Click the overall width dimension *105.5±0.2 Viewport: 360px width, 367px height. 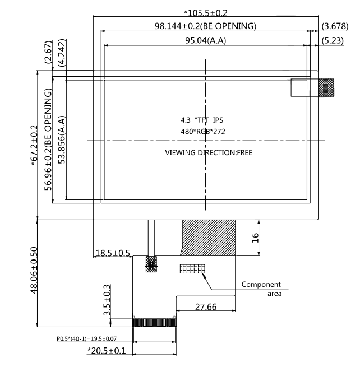point(206,13)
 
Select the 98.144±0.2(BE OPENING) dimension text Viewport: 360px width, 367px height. point(205,26)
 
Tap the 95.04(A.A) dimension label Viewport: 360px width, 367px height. point(206,40)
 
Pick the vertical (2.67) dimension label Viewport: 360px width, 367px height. point(49,54)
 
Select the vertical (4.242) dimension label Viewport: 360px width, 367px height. point(62,54)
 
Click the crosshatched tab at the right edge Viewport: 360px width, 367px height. point(326,87)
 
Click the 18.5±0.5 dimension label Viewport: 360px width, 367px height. point(113,253)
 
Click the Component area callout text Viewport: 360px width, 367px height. point(261,288)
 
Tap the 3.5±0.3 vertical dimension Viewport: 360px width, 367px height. point(107,300)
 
